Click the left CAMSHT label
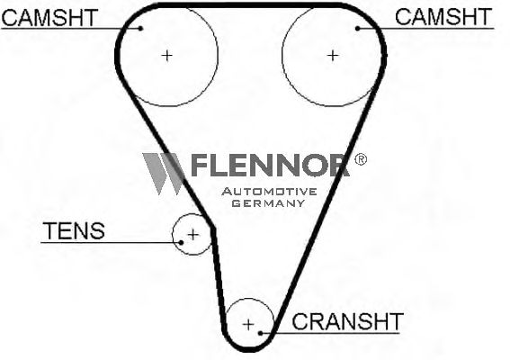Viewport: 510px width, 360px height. (x=49, y=18)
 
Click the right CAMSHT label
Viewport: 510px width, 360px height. (x=443, y=17)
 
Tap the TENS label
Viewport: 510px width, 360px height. (x=74, y=230)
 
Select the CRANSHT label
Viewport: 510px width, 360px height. (x=348, y=321)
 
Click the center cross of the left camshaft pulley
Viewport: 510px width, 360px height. (x=167, y=56)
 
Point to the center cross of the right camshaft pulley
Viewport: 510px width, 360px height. (x=333, y=56)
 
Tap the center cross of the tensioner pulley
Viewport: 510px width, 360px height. (x=193, y=235)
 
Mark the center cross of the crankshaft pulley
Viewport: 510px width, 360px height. (x=248, y=325)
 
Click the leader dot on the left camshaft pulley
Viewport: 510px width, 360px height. (x=140, y=29)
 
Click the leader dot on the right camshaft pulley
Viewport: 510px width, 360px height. (x=357, y=29)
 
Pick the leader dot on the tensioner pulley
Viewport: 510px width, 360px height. (x=181, y=242)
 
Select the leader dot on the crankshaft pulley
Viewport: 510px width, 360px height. (x=260, y=333)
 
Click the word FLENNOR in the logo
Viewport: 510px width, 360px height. (x=270, y=165)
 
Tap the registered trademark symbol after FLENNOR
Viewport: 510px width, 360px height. (x=361, y=159)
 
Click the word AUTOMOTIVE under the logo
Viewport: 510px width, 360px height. (x=269, y=192)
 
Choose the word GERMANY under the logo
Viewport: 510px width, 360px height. (x=268, y=203)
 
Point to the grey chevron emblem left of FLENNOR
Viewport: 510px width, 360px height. (x=163, y=174)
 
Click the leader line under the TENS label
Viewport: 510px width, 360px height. (x=111, y=242)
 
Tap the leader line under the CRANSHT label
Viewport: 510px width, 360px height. (x=330, y=333)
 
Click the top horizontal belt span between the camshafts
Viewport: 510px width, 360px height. (x=249, y=5)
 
